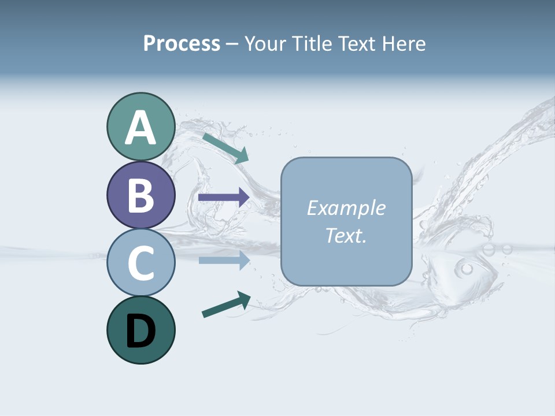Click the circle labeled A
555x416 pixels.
click(140, 127)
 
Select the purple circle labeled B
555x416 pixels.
click(140, 195)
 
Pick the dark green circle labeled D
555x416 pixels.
click(140, 330)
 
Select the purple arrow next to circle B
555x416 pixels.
click(224, 198)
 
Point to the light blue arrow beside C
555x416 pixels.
click(224, 260)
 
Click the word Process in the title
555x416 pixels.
click(182, 43)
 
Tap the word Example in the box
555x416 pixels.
click(346, 208)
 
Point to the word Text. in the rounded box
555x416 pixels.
click(346, 235)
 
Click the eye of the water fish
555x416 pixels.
click(467, 269)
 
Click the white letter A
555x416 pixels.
click(140, 128)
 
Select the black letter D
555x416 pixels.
click(140, 331)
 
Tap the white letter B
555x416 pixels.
click(140, 195)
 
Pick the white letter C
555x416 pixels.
click(140, 263)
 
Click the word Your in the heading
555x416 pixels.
click(265, 43)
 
